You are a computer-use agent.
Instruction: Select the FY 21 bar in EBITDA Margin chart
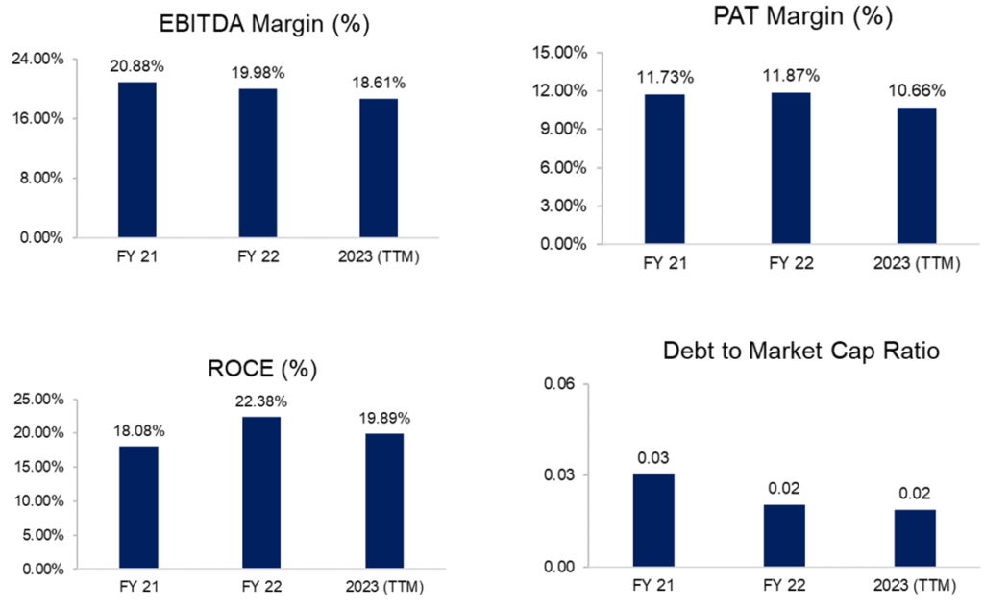(x=136, y=158)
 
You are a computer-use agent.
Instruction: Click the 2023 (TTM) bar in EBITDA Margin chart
(x=378, y=167)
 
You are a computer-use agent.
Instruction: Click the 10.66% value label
(x=918, y=91)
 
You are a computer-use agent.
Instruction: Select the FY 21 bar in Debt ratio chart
(x=653, y=520)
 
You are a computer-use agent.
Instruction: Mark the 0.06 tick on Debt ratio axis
(x=560, y=384)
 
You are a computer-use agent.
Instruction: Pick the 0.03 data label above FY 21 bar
(x=653, y=458)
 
